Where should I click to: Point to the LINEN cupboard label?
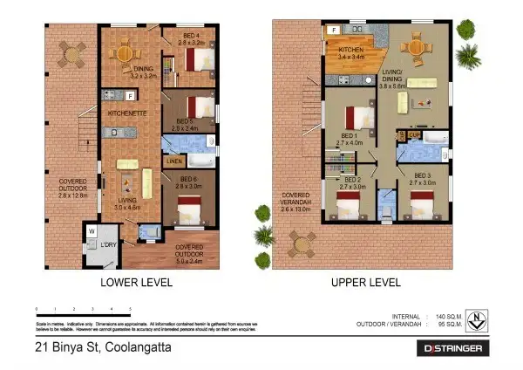click(174, 161)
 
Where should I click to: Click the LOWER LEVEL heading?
click(136, 283)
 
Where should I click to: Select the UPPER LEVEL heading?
click(365, 283)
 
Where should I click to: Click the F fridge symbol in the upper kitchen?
click(333, 31)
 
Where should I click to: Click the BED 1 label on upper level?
click(349, 139)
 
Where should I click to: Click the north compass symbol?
click(478, 319)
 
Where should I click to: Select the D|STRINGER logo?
click(450, 349)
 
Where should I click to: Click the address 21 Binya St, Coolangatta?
click(98, 348)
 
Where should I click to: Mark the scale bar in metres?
click(83, 309)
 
